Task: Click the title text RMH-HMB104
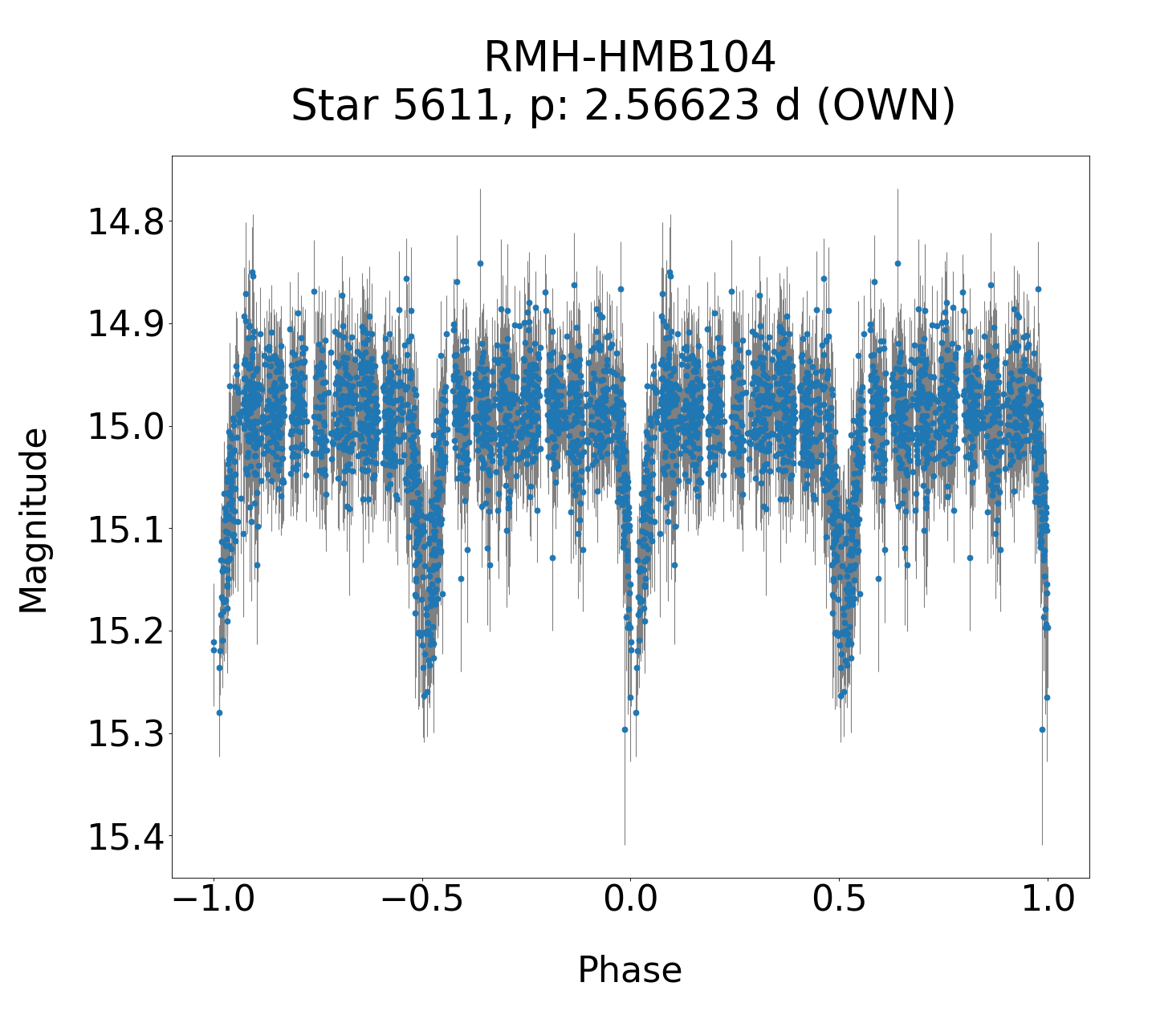629,58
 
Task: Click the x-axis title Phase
629,970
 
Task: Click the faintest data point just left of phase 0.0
625,729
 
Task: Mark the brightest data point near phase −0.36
480,263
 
